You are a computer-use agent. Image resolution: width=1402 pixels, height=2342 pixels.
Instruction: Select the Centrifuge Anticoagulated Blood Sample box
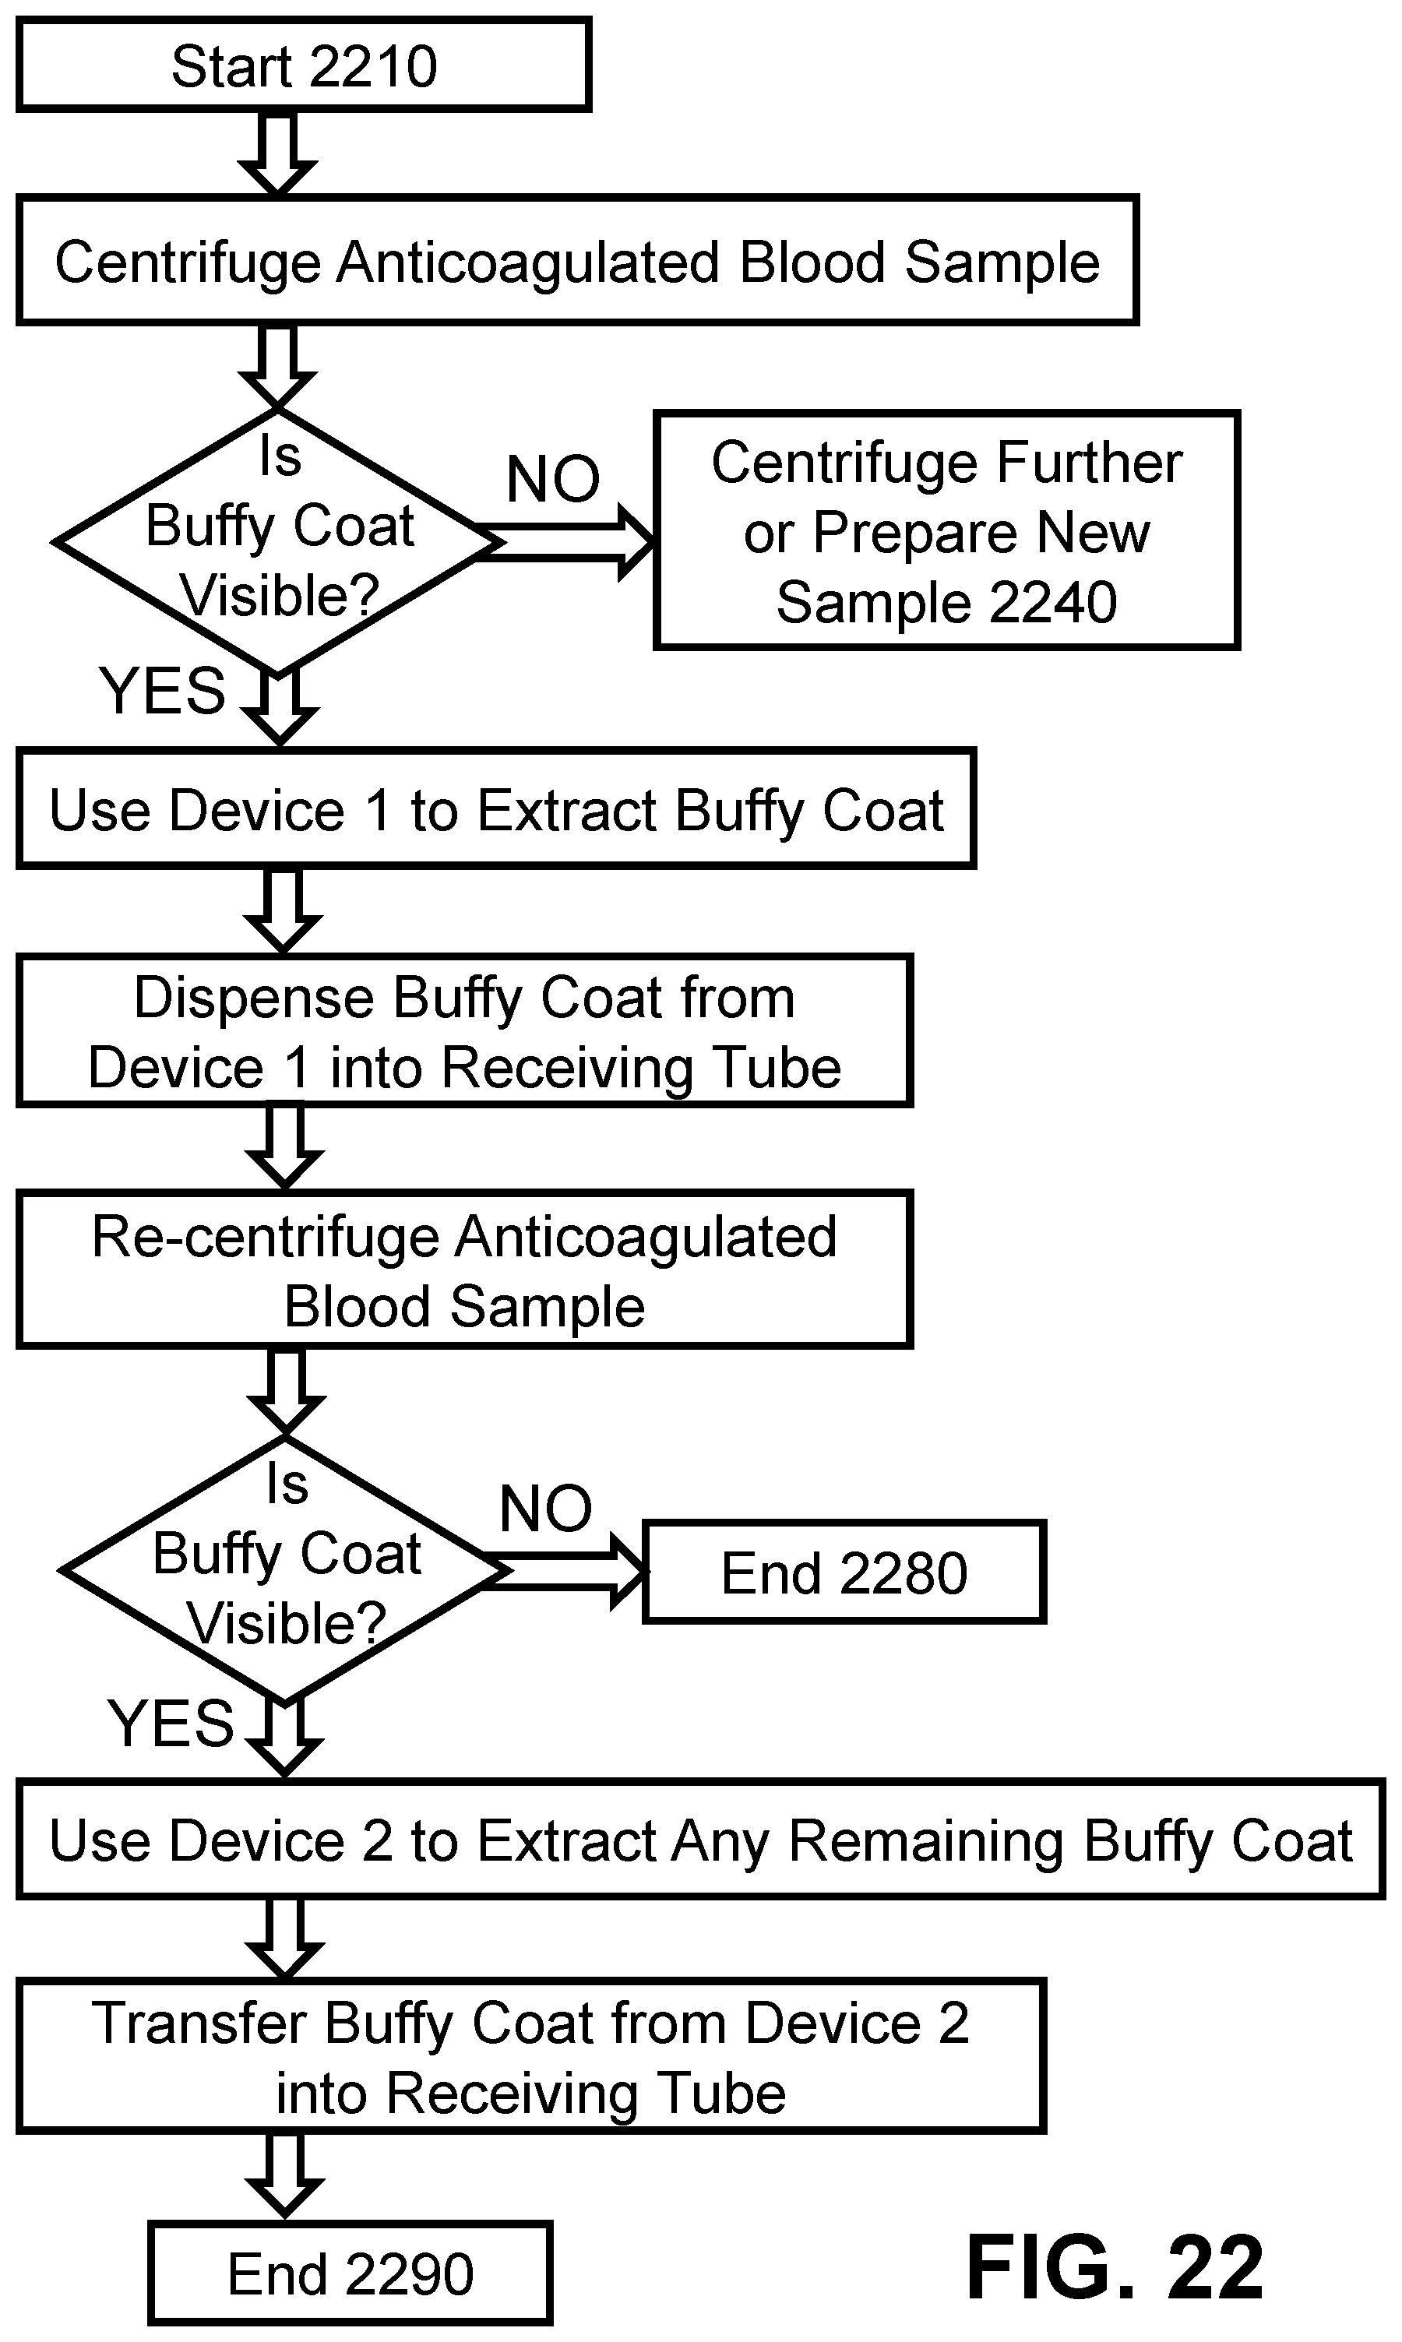tap(577, 261)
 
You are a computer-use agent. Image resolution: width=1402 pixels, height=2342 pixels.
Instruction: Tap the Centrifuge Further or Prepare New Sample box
tap(946, 530)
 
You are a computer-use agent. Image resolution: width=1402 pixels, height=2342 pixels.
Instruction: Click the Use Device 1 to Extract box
tap(496, 808)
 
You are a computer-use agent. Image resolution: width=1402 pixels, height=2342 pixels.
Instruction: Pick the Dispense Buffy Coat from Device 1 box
tap(464, 1030)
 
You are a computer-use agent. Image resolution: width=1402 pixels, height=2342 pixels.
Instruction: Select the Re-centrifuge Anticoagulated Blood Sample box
tap(464, 1270)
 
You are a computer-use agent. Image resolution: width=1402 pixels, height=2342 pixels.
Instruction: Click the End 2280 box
tap(844, 1572)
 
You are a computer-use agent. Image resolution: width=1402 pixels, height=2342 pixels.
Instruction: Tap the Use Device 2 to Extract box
tap(700, 1840)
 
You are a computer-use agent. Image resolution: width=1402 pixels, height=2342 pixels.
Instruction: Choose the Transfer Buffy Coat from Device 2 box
tap(531, 2057)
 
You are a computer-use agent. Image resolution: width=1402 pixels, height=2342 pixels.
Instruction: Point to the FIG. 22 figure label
tap(1115, 2267)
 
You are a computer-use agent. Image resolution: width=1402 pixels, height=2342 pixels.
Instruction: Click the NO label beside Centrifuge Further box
tap(553, 479)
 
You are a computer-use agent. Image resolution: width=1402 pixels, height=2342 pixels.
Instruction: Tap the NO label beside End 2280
tap(545, 1509)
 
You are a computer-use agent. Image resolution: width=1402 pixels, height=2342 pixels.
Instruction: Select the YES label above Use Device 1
tap(163, 691)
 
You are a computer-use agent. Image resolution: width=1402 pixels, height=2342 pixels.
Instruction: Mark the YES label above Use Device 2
tap(170, 1723)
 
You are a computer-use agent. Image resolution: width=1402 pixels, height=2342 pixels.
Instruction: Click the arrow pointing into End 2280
tap(563, 1572)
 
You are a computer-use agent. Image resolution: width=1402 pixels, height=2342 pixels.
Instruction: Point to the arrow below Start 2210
tap(277, 154)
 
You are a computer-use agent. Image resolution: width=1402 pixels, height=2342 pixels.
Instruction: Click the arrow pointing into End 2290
tap(284, 2177)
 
